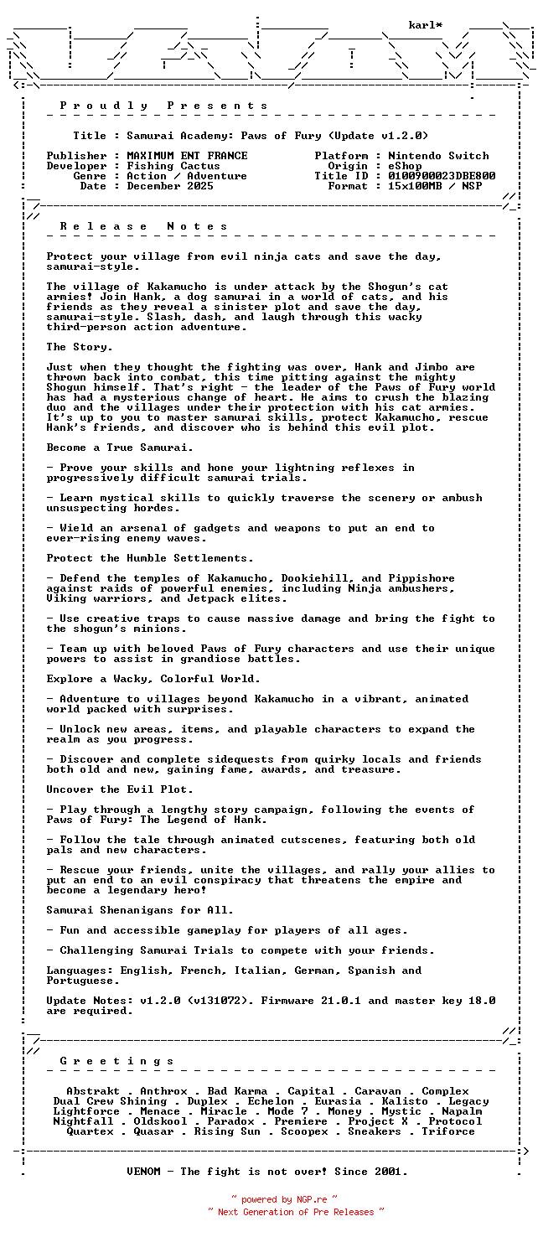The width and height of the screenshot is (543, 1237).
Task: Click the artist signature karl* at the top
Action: click(x=426, y=25)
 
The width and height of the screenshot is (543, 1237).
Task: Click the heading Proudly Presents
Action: click(x=164, y=106)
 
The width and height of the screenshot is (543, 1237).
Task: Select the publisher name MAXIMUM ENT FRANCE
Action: click(x=187, y=156)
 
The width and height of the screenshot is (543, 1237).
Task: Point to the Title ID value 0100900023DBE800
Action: click(x=442, y=176)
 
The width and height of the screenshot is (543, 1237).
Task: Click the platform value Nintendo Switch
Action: click(x=438, y=156)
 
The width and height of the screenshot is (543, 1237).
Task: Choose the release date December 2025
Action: click(x=170, y=186)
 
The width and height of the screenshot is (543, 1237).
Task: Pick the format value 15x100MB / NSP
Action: click(x=435, y=186)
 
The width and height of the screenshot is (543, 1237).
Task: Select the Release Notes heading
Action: click(x=144, y=226)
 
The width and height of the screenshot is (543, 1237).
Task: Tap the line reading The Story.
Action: click(x=80, y=347)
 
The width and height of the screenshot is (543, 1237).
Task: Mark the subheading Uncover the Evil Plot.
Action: click(x=120, y=789)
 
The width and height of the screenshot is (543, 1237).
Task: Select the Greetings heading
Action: click(x=117, y=1061)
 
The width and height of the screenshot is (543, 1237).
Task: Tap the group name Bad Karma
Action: click(x=237, y=1091)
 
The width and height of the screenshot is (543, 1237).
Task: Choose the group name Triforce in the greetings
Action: click(x=448, y=1131)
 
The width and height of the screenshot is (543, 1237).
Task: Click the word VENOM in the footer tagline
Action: click(x=143, y=1172)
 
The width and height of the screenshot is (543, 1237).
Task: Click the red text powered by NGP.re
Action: click(x=284, y=1200)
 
